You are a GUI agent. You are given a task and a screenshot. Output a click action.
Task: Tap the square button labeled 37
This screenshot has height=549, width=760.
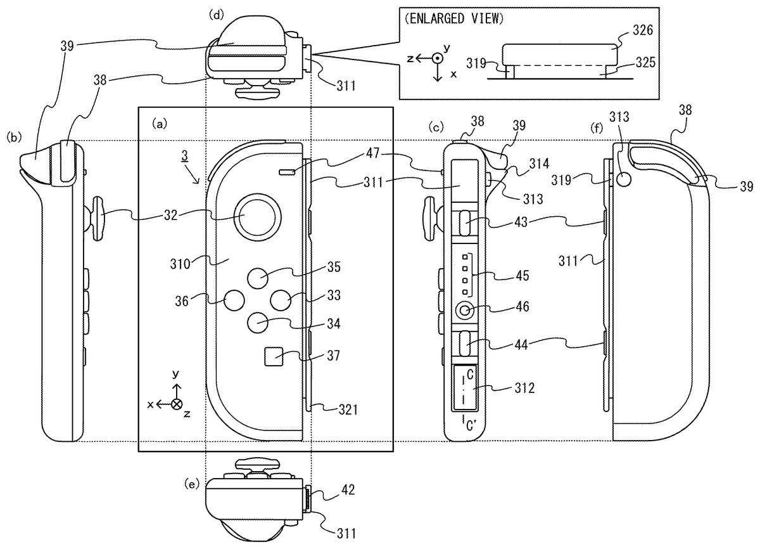[274, 356]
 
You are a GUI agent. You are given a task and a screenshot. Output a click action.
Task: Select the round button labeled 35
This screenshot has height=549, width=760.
[258, 278]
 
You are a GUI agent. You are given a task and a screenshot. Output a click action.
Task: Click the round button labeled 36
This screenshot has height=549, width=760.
[234, 300]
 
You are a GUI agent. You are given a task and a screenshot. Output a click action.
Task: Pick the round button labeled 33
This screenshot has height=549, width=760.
[281, 300]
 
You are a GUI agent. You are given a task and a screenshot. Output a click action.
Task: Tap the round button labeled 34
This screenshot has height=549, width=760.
[258, 323]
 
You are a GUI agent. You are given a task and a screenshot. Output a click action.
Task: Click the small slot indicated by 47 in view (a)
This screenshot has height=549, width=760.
[287, 173]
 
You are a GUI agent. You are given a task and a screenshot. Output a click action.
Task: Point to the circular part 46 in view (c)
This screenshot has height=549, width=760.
[464, 310]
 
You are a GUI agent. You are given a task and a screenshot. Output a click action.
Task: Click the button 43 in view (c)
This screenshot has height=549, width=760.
[465, 223]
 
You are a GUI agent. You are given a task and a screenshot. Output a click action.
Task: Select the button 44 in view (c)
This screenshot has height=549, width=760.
[465, 345]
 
